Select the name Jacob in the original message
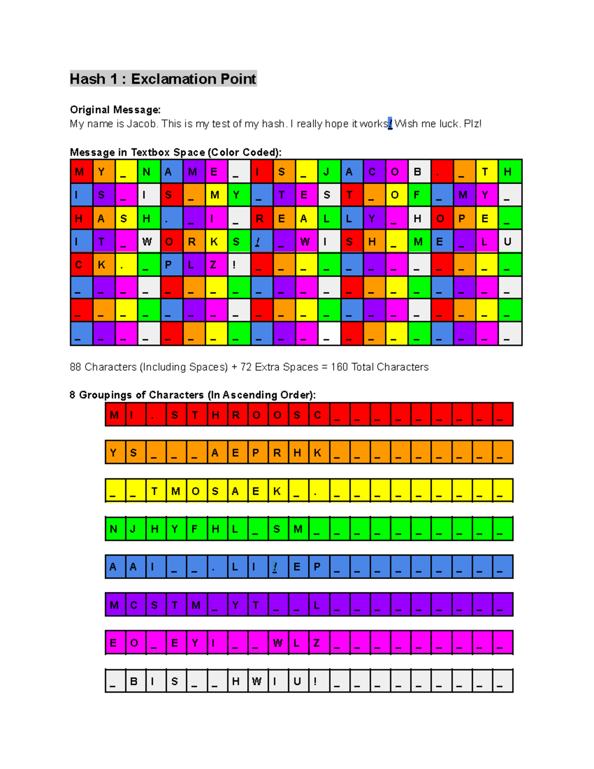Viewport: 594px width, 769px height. click(x=141, y=124)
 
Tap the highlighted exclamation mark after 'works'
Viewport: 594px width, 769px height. click(x=390, y=124)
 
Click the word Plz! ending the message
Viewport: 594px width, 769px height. click(x=472, y=124)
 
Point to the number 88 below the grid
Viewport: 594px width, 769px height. click(x=75, y=367)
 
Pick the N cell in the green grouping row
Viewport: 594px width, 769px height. click(x=115, y=529)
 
